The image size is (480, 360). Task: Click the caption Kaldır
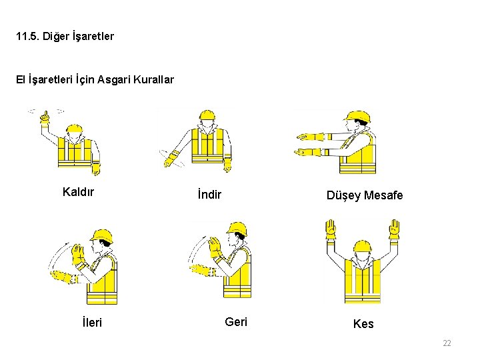coord(78,192)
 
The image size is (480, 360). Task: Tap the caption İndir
coord(209,194)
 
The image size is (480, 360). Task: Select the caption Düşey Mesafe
coord(365,195)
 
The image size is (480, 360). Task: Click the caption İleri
coord(92,322)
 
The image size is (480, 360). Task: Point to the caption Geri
coord(236,322)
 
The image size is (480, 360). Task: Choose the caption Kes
coord(363,324)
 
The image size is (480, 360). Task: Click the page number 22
coord(447,343)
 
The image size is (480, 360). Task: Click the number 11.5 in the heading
coord(27,37)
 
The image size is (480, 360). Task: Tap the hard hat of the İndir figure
coord(207,115)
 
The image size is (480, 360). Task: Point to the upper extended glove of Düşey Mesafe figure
coord(310,137)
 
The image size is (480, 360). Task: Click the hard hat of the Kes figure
coord(363,246)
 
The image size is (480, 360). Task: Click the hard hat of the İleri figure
coord(102,236)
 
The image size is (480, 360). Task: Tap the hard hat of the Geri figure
coord(237,229)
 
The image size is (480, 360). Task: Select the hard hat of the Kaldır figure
coord(75,128)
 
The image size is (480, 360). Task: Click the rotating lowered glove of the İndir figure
coord(172,159)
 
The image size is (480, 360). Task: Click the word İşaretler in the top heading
coord(93,37)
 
